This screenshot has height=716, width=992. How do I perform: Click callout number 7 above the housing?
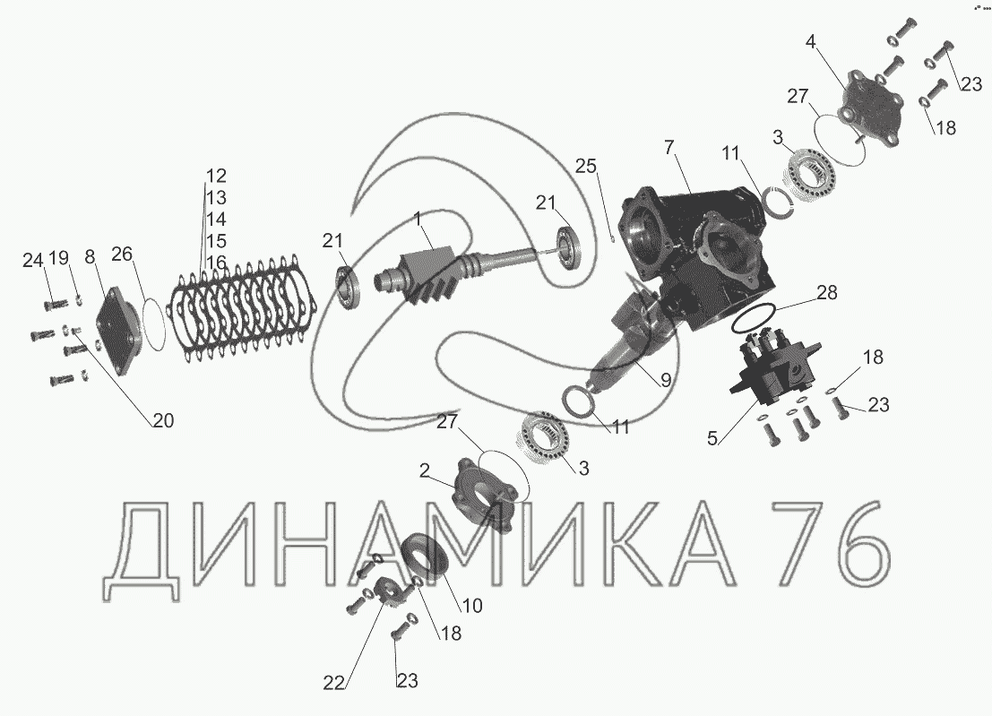click(671, 148)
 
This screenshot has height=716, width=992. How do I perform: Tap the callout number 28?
click(826, 293)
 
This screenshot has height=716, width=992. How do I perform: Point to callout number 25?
click(586, 166)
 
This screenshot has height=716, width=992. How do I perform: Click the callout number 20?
click(163, 420)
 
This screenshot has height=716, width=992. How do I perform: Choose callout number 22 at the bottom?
click(334, 683)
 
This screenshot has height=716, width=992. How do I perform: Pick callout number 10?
click(472, 605)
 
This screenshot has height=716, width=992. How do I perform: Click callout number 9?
click(666, 379)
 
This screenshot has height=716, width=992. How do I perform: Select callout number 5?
click(713, 438)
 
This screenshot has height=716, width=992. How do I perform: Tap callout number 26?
click(122, 254)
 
